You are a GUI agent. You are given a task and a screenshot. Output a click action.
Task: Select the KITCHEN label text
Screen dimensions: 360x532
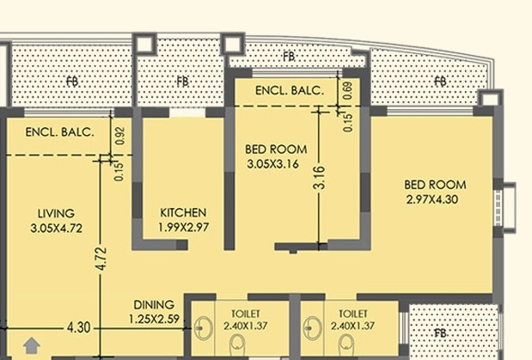[183, 212]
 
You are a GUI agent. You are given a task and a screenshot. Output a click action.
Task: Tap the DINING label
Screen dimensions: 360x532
[154, 304]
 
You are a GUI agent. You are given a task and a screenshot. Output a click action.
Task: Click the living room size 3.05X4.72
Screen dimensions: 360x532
[56, 229]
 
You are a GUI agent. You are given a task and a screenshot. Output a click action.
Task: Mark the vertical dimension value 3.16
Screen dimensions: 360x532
[319, 177]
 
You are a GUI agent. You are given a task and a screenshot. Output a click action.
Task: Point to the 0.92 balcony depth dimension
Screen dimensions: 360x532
[119, 135]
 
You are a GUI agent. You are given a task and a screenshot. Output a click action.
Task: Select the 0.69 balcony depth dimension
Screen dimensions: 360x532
[347, 91]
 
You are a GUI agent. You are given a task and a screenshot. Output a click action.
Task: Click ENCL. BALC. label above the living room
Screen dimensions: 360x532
[53, 132]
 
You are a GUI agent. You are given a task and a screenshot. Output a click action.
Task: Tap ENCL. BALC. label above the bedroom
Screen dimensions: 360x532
[290, 89]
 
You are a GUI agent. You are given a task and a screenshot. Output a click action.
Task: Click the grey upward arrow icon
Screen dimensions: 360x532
[31, 345]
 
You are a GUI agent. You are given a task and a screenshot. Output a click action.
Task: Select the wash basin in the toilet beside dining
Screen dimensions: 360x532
[204, 328]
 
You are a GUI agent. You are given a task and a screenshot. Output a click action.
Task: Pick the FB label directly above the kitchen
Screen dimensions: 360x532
[182, 82]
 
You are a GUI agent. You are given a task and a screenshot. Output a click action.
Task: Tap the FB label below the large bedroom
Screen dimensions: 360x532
[440, 333]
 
